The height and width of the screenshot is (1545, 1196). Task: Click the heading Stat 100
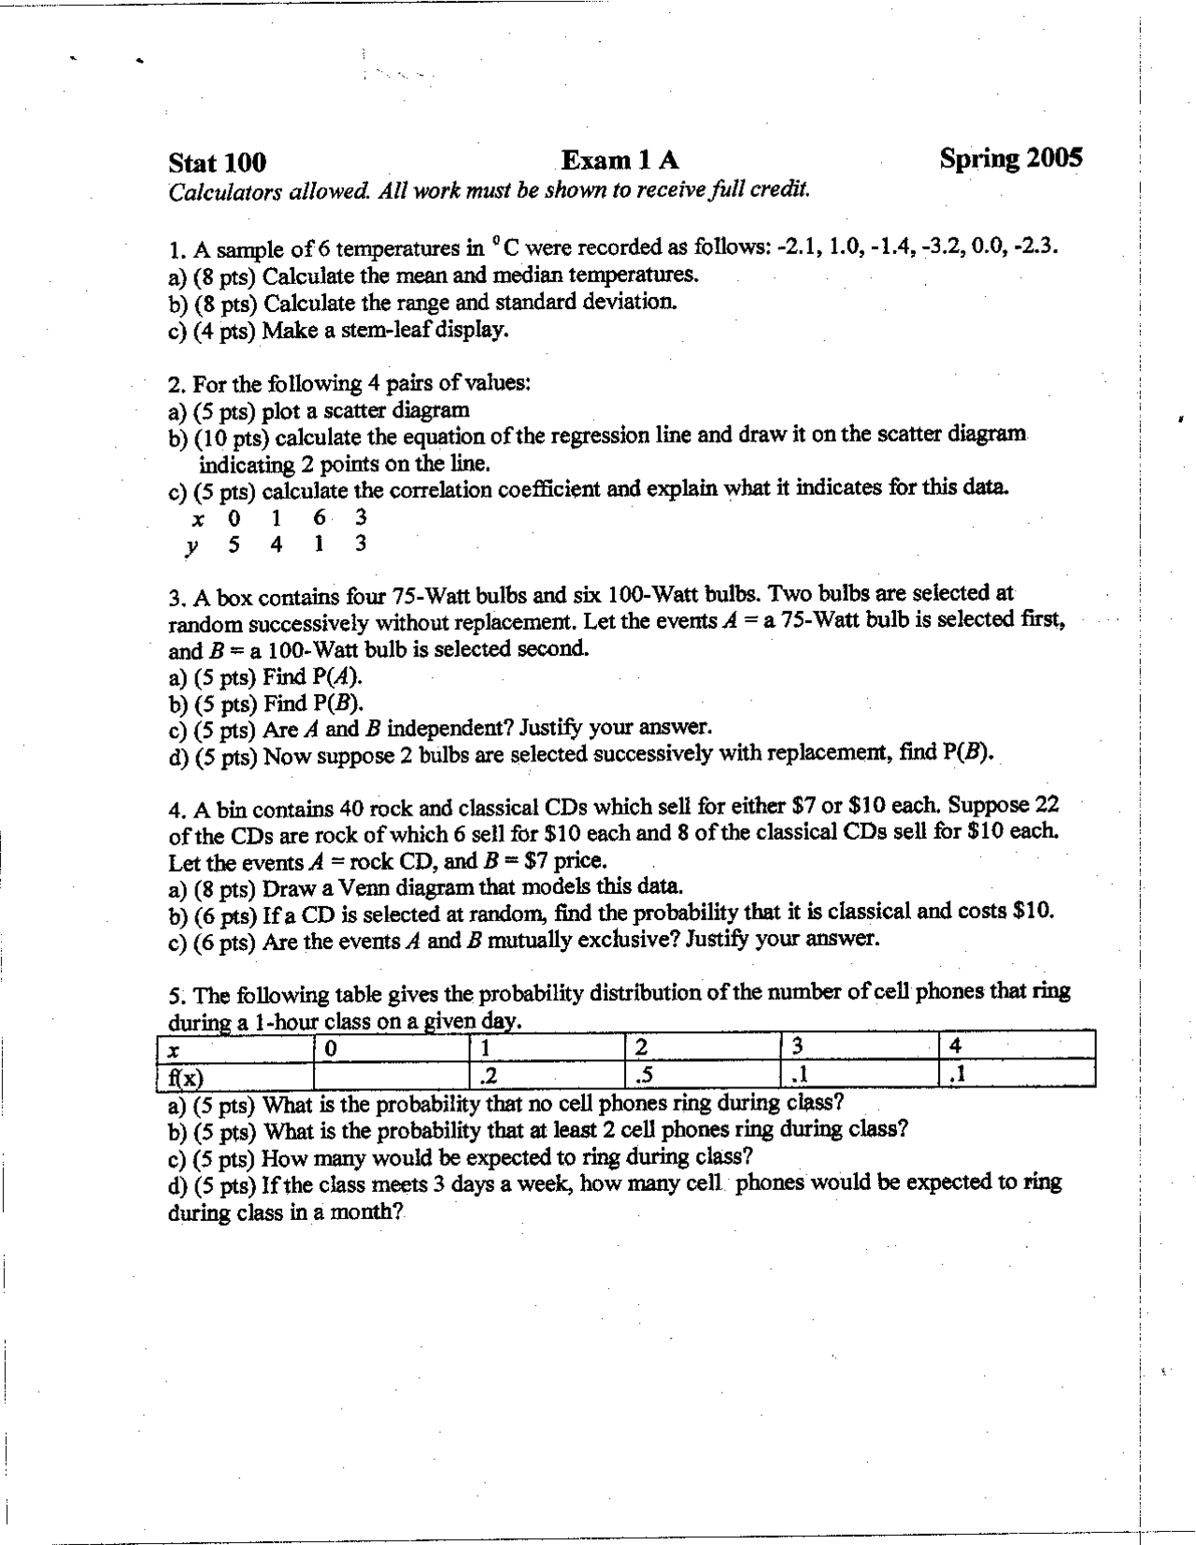[x=217, y=163]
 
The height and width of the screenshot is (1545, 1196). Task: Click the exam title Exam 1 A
[x=619, y=161]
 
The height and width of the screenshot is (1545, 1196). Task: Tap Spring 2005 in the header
[x=1011, y=158]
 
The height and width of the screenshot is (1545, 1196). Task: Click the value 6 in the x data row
[x=319, y=517]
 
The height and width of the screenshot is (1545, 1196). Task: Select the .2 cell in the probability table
[x=487, y=1077]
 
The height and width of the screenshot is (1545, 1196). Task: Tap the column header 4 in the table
[x=954, y=1046]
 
